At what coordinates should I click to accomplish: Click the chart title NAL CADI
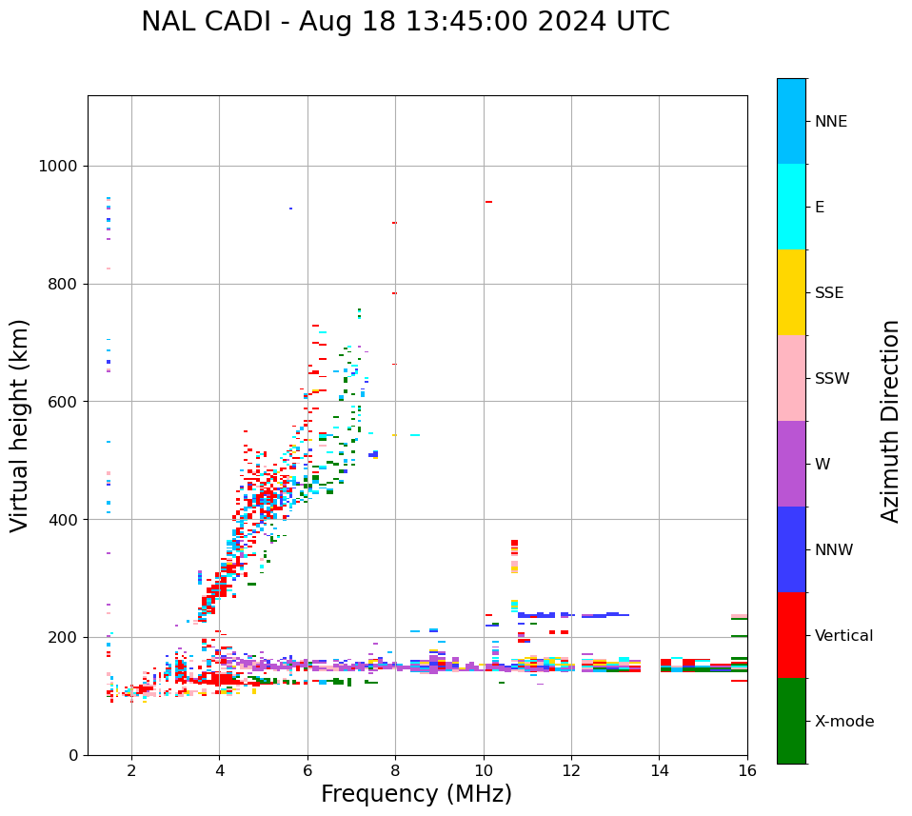click(x=405, y=22)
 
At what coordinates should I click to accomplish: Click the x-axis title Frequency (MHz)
click(x=416, y=794)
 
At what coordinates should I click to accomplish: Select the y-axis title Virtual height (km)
click(x=20, y=425)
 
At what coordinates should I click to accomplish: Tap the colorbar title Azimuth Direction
click(x=890, y=420)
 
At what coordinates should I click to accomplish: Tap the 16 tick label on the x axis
click(x=746, y=770)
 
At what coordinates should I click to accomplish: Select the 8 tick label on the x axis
click(x=395, y=770)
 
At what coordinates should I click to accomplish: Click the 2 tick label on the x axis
click(x=131, y=770)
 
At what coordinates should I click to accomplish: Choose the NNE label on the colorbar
click(x=830, y=122)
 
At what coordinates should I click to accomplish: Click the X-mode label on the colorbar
click(x=843, y=722)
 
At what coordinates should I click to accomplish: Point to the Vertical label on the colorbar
click(x=843, y=636)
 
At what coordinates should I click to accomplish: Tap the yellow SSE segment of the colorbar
click(x=791, y=292)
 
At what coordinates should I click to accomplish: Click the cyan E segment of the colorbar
click(x=791, y=207)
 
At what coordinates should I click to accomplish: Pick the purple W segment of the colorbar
click(x=791, y=464)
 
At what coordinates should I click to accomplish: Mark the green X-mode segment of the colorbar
click(x=791, y=721)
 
